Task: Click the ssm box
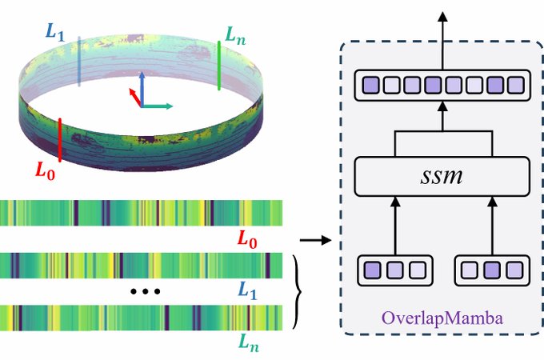(442, 174)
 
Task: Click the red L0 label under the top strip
(251, 238)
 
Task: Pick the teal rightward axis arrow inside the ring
(158, 106)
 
